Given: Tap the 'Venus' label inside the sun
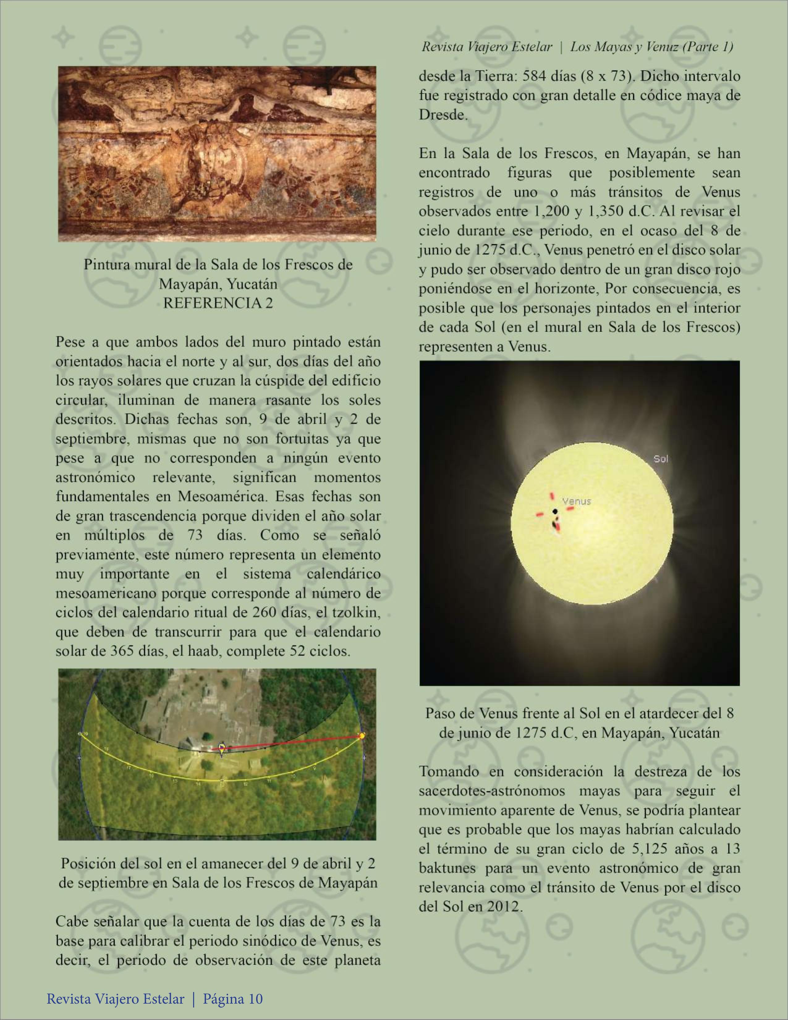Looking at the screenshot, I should click(577, 502).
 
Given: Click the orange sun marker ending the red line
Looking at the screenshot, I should click(362, 736).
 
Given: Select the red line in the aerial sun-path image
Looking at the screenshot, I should click(290, 743).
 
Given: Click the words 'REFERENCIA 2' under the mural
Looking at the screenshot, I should click(218, 303).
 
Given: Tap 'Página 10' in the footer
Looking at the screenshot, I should click(233, 999).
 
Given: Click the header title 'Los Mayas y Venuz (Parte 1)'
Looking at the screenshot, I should click(652, 47).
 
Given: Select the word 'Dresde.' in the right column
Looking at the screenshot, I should click(443, 115).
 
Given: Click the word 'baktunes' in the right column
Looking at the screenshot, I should click(448, 868).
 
